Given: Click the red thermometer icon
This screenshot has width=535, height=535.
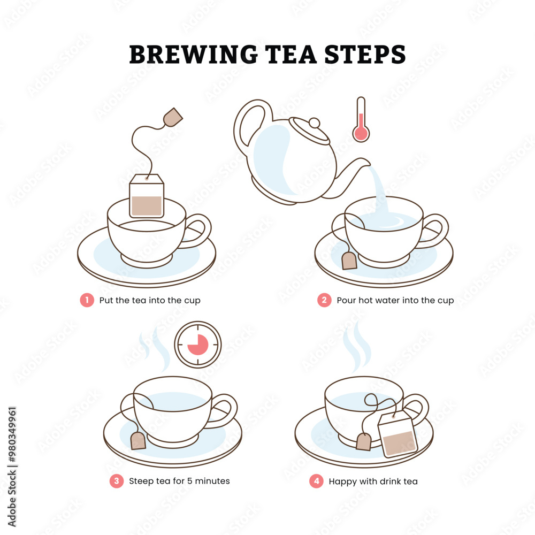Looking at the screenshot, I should pos(361,120).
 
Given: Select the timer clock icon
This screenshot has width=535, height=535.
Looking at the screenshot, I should pos(198,344).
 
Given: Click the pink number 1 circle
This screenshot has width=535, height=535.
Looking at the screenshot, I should pos(87,300).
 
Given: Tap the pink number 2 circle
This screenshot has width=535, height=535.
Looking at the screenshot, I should pos(324,300).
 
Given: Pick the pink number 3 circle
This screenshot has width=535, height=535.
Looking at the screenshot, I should pos(116,481).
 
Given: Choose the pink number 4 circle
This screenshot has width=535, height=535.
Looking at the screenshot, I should pos(316,481).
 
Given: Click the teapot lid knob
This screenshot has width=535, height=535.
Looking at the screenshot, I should pos(315,123).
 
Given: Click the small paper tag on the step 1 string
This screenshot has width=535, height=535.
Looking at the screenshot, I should pos(172,117).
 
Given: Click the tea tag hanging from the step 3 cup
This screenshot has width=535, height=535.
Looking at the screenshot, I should pos(138,440).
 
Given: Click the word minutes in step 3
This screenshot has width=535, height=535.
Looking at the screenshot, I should pos(212,481).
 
